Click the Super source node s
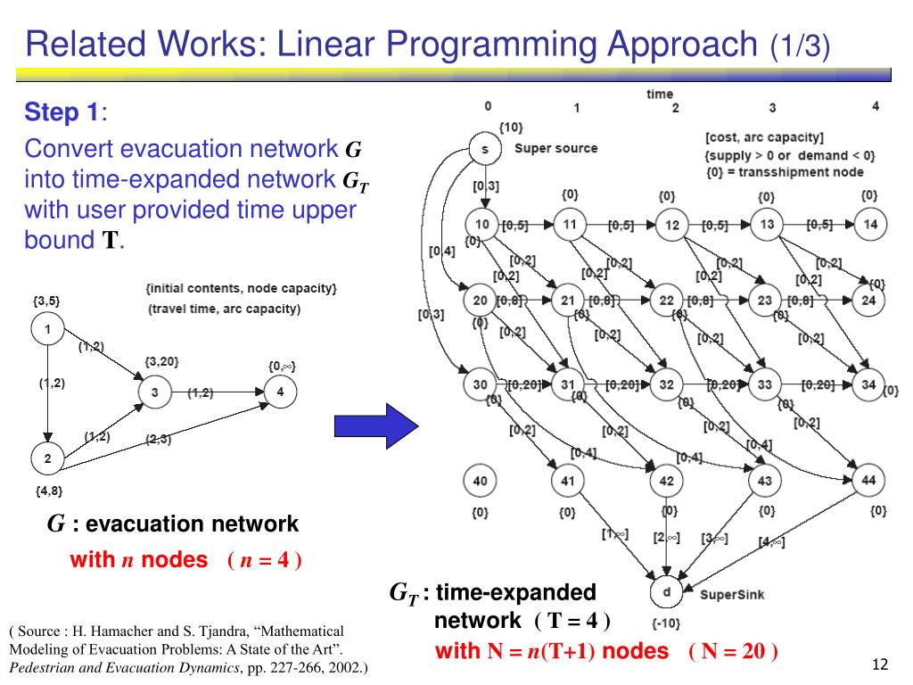click(x=484, y=149)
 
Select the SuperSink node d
click(x=666, y=593)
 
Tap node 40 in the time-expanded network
click(x=481, y=482)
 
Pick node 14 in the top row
click(x=870, y=225)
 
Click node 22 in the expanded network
click(x=666, y=301)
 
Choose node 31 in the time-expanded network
click(x=568, y=384)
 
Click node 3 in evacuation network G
click(x=154, y=392)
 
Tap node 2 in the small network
click(x=47, y=460)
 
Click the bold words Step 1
click(x=62, y=113)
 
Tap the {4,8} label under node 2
click(x=49, y=491)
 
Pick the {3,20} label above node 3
click(x=162, y=361)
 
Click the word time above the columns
click(x=660, y=94)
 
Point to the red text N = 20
click(x=734, y=651)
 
